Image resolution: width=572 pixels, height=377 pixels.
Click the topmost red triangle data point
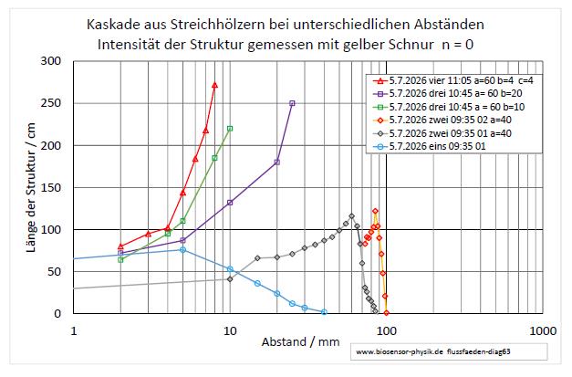pyautogui.click(x=215, y=85)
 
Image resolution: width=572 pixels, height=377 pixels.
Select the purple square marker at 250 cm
pyautogui.click(x=292, y=103)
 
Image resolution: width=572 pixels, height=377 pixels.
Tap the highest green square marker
pyautogui.click(x=230, y=129)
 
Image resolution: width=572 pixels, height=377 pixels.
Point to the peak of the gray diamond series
pyautogui.click(x=351, y=216)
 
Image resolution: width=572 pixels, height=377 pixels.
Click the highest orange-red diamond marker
pyautogui.click(x=375, y=211)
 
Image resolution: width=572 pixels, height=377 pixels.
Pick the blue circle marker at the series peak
pyautogui.click(x=182, y=249)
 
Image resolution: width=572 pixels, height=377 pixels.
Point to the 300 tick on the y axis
pyautogui.click(x=51, y=61)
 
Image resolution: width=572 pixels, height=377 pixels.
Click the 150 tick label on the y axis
pyautogui.click(x=51, y=188)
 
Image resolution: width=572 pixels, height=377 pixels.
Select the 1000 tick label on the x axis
pyautogui.click(x=543, y=331)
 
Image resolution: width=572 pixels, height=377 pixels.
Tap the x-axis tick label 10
pyautogui.click(x=230, y=331)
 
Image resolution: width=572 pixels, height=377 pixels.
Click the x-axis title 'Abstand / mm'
pyautogui.click(x=300, y=342)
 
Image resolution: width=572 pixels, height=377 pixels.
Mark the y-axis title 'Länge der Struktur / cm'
pyautogui.click(x=31, y=188)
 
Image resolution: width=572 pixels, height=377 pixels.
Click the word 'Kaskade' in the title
pyautogui.click(x=112, y=25)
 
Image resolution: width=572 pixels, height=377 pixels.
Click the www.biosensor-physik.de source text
pyautogui.click(x=400, y=351)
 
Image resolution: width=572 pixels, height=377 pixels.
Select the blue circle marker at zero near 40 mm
pyautogui.click(x=324, y=312)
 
